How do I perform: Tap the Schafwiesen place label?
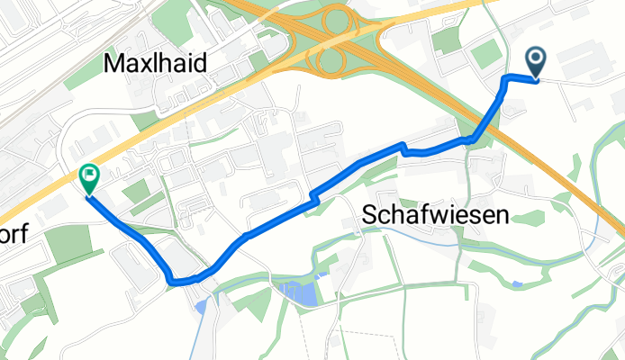[435, 214]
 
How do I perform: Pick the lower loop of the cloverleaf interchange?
[332, 61]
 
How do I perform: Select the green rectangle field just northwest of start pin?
[485, 53]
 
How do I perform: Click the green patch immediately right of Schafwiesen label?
[532, 217]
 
